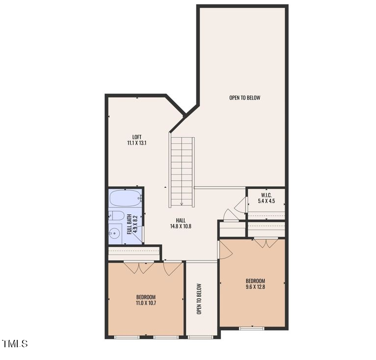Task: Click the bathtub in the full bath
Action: pyautogui.click(x=125, y=199)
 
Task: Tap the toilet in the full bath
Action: pyautogui.click(x=116, y=215)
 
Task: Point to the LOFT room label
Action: pyautogui.click(x=137, y=137)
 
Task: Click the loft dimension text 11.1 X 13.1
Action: pyautogui.click(x=137, y=143)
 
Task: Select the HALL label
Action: pyautogui.click(x=181, y=220)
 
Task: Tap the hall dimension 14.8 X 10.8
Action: pyautogui.click(x=181, y=227)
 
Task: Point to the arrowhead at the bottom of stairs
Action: pyautogui.click(x=182, y=204)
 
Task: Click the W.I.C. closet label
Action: pyautogui.click(x=266, y=195)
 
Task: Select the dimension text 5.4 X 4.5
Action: pyautogui.click(x=266, y=201)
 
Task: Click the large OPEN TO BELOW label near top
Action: pyautogui.click(x=244, y=98)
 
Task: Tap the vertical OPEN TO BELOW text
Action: pyautogui.click(x=199, y=299)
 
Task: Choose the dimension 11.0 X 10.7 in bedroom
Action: pyautogui.click(x=146, y=303)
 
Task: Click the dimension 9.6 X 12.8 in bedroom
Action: pyautogui.click(x=255, y=287)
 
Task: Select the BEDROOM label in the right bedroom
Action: pyautogui.click(x=255, y=281)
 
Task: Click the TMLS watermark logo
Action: pyautogui.click(x=15, y=344)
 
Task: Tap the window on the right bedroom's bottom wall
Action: pyautogui.click(x=251, y=328)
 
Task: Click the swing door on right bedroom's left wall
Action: pyautogui.click(x=225, y=250)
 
